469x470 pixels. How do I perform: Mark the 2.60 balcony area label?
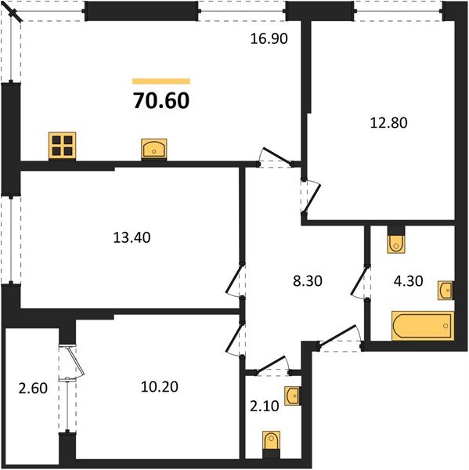click(x=33, y=386)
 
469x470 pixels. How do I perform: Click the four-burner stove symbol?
click(x=63, y=146)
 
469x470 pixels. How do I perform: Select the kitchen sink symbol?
click(x=155, y=148)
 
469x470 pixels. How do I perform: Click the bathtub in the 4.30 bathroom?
click(x=422, y=326)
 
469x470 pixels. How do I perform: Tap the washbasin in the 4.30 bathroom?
click(x=446, y=290)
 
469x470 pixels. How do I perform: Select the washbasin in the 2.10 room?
click(x=292, y=396)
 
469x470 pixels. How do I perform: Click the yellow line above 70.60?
click(x=161, y=81)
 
